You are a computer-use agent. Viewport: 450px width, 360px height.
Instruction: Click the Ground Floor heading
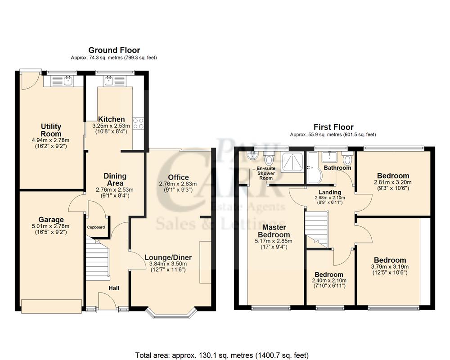tap(114, 50)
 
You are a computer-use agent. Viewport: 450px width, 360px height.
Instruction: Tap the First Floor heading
tap(333, 127)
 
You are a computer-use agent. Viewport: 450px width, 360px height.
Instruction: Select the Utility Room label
tap(51, 130)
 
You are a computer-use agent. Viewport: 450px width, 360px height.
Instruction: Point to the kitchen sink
tap(109, 81)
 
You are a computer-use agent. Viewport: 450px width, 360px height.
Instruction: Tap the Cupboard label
tap(96, 227)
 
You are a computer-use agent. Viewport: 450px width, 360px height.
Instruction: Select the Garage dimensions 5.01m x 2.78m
tap(51, 227)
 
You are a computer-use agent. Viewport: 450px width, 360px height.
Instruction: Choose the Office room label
tap(179, 177)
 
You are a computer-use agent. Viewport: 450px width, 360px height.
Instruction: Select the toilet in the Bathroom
tap(346, 160)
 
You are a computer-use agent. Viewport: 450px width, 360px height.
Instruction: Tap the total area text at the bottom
tap(222, 355)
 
